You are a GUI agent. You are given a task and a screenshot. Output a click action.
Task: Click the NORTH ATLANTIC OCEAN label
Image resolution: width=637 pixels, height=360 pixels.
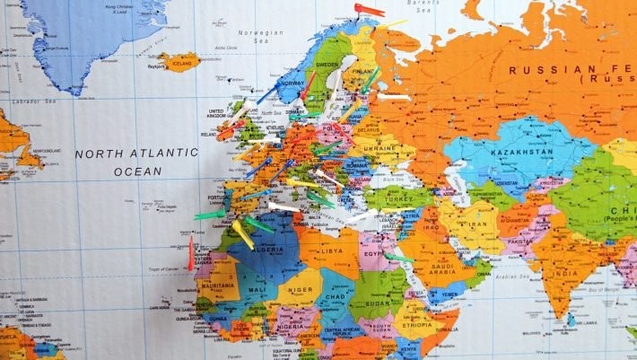[x=136, y=162]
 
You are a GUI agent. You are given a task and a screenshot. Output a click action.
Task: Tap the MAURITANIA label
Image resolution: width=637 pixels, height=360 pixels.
[x=217, y=285]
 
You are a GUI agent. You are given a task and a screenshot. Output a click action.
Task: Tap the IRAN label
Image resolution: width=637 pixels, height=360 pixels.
[x=476, y=224]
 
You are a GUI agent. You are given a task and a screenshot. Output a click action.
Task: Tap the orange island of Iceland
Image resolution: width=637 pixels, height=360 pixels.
[x=179, y=62]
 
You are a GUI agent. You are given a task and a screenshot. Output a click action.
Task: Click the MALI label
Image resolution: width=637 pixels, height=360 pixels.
[x=256, y=290]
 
